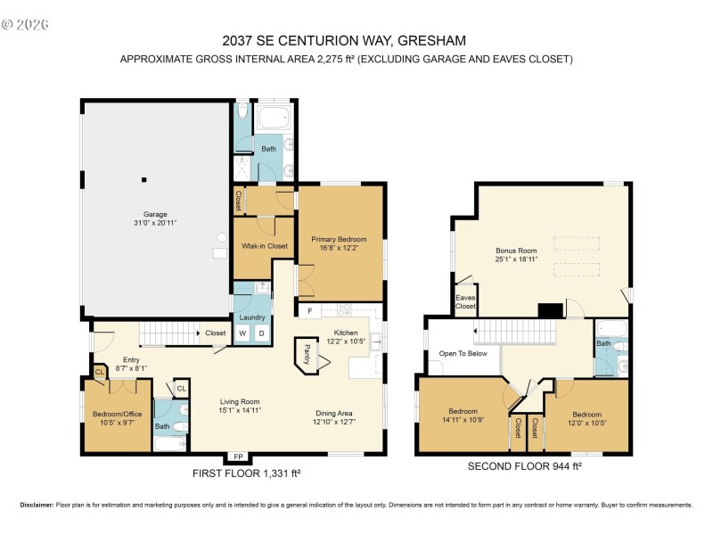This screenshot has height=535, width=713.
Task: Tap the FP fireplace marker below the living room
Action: [237, 457]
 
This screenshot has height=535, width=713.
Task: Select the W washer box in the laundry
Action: [242, 333]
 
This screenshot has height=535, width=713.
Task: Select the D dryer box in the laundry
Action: [261, 333]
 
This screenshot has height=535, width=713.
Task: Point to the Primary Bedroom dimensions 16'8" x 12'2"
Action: [339, 249]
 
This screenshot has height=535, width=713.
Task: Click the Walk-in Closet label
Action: [265, 246]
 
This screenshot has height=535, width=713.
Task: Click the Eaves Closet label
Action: [465, 302]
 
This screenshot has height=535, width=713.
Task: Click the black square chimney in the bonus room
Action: [550, 310]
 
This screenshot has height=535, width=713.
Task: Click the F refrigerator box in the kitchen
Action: [309, 311]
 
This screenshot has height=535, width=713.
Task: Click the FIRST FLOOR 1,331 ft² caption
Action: [247, 473]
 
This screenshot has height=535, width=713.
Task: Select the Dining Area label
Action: [335, 413]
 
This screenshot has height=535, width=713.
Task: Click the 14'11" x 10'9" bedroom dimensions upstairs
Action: [463, 421]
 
